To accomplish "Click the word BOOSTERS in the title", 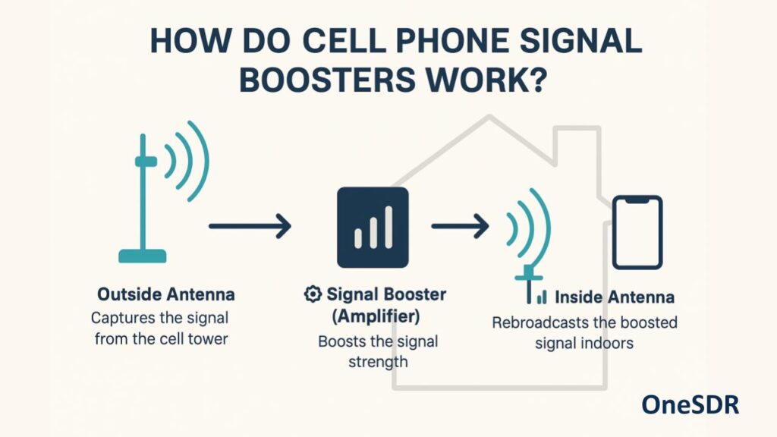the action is click(328, 79).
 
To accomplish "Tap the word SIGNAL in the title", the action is click(580, 40).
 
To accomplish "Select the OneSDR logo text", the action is click(690, 405).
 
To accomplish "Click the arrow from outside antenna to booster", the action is click(250, 226).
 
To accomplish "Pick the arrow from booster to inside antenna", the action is click(461, 226).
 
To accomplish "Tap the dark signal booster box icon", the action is click(373, 228).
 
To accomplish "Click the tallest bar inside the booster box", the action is click(389, 227).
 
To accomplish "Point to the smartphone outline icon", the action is click(637, 232).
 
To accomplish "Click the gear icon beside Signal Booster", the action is click(313, 294).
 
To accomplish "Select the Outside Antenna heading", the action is click(166, 294).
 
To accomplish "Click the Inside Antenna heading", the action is click(615, 297).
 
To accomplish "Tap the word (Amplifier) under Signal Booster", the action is click(376, 316).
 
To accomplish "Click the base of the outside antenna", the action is click(143, 256).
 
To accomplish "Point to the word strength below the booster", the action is click(378, 362).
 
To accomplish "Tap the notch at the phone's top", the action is click(637, 200).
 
